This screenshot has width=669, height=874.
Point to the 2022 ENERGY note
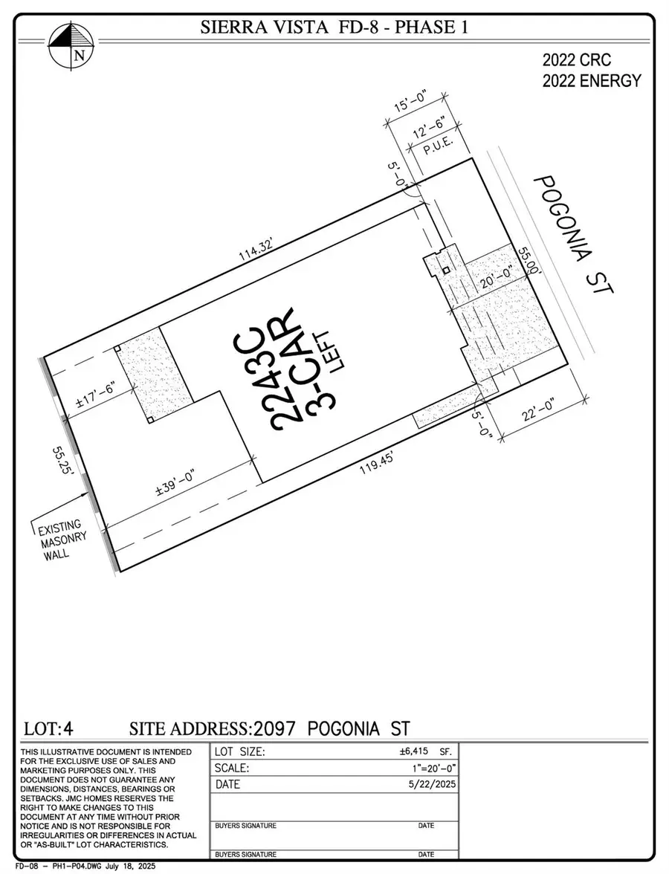click(x=592, y=80)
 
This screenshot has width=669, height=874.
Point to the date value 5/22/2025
click(x=431, y=785)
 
